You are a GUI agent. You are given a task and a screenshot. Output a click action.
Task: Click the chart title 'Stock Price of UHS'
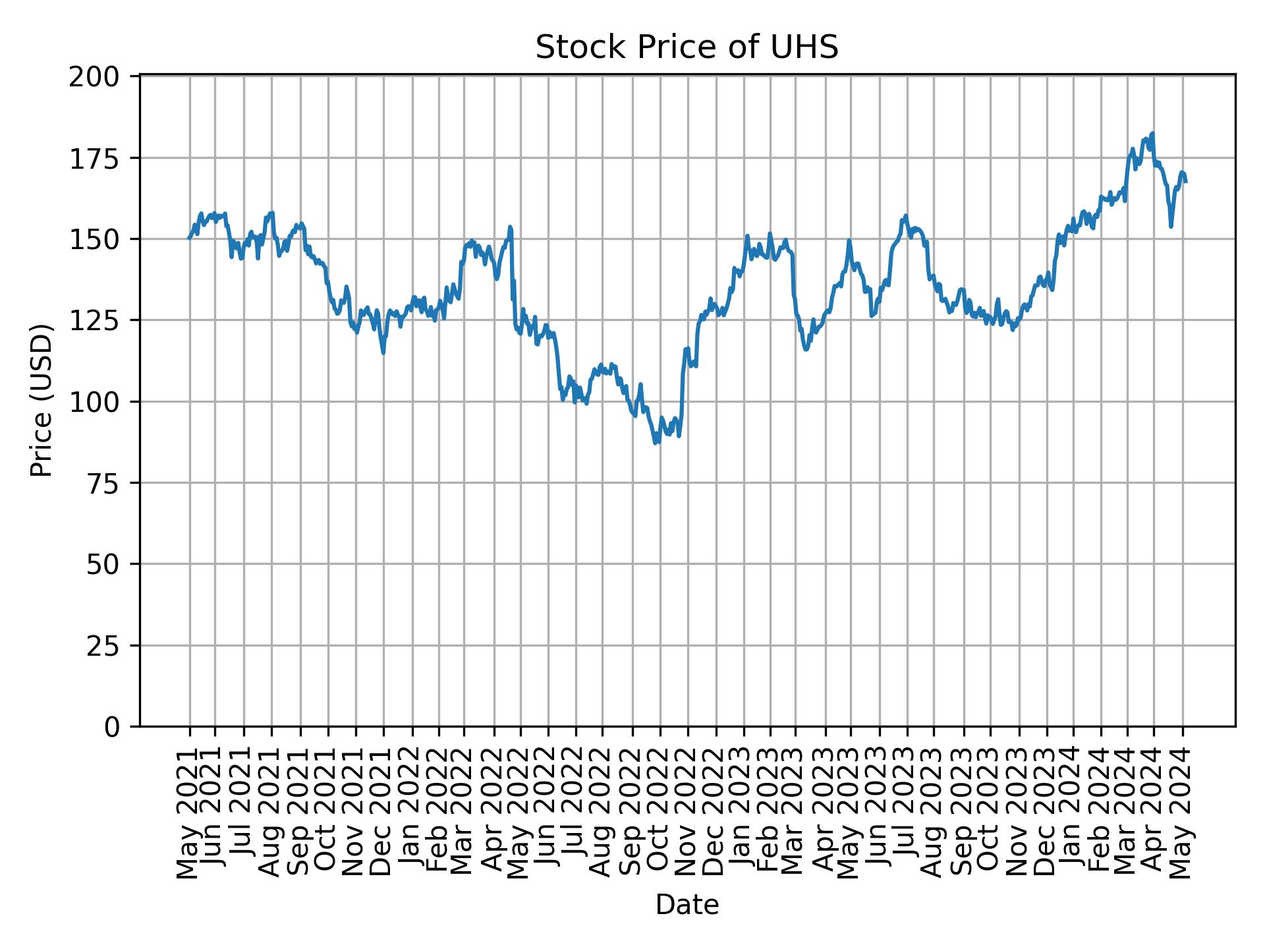(x=687, y=48)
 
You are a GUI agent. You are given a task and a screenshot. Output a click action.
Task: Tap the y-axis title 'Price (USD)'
(x=42, y=400)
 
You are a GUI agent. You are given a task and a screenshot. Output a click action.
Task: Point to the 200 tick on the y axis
(x=94, y=77)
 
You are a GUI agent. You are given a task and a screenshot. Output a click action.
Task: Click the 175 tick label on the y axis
(x=94, y=158)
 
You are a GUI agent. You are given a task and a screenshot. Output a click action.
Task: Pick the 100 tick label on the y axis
(x=94, y=401)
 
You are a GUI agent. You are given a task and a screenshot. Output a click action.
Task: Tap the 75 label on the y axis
(x=103, y=483)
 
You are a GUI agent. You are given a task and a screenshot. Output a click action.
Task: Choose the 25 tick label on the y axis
(x=103, y=646)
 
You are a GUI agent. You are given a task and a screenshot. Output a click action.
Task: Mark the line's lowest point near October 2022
(x=655, y=443)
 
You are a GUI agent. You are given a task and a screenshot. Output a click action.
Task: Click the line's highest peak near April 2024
(x=1152, y=133)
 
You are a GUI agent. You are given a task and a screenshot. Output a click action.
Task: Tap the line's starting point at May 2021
(x=189, y=238)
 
